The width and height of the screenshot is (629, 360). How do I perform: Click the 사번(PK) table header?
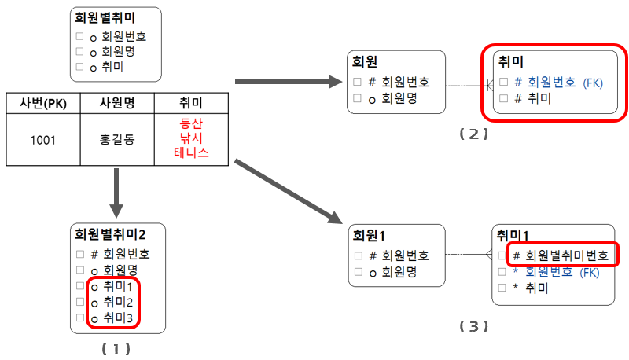(43, 104)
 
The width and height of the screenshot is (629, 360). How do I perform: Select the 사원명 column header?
(117, 104)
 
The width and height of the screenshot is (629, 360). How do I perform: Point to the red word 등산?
(191, 124)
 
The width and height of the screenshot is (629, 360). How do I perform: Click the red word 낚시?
(191, 138)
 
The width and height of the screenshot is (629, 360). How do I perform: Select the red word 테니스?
(191, 153)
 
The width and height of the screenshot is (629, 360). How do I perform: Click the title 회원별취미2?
(110, 234)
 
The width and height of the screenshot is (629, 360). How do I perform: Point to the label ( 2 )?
(474, 134)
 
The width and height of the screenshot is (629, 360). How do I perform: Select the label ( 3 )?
(474, 325)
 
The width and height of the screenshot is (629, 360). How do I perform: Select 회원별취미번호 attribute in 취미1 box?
(566, 255)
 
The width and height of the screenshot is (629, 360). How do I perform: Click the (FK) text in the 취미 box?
(593, 82)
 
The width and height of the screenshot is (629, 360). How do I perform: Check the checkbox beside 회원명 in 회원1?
(358, 272)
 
